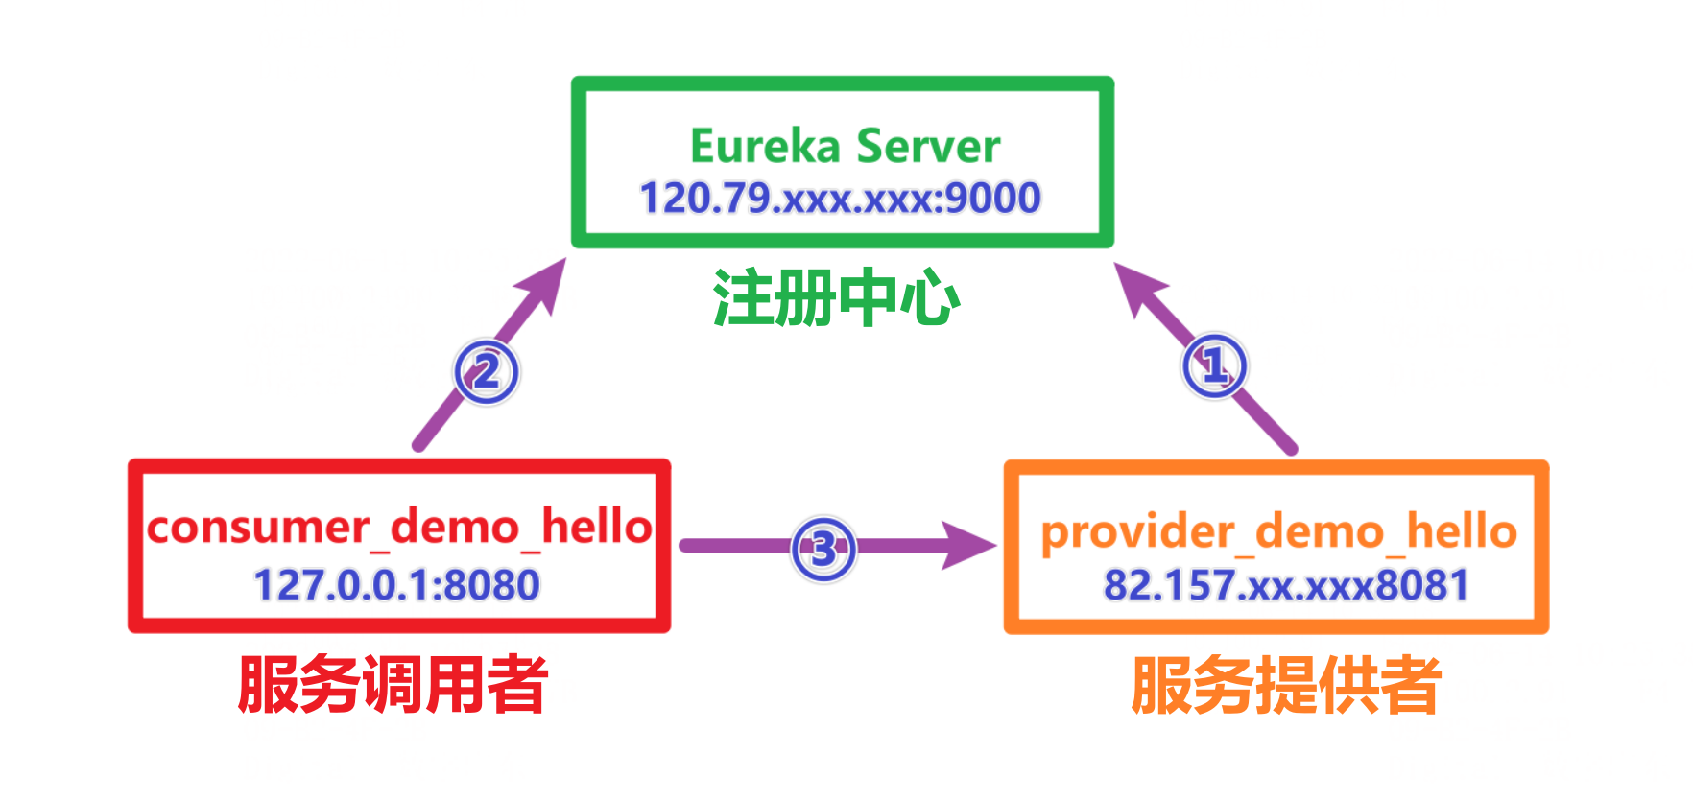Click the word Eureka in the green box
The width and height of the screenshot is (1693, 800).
765,147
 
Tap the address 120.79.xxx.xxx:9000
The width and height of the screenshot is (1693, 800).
840,199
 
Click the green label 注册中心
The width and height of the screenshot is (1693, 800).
836,298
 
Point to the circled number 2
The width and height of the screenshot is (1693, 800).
487,372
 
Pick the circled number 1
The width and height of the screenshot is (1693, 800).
1215,365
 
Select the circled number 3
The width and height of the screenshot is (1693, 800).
823,550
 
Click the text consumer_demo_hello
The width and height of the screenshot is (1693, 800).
399,527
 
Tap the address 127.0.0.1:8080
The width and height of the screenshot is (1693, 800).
396,585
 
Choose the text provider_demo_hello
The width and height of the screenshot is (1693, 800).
1278,532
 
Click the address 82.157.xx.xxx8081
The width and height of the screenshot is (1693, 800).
1285,585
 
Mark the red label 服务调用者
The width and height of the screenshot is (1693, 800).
393,685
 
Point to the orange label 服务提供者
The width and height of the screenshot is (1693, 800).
1286,685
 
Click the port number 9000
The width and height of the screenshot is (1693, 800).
993,199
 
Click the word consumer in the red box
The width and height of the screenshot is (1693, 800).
258,528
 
